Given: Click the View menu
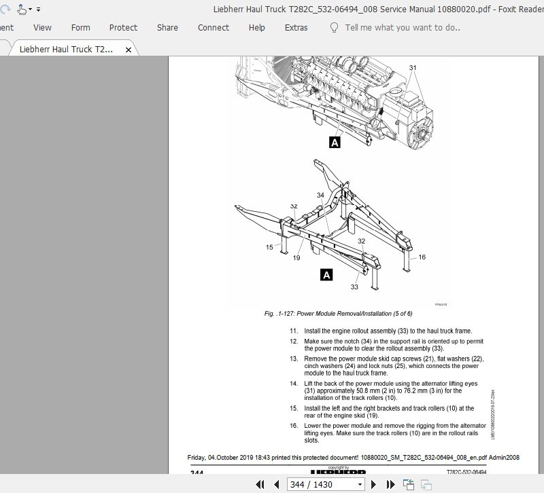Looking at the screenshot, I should [x=42, y=28].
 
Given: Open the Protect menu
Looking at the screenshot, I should [x=123, y=28].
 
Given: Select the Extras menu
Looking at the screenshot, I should [x=296, y=28].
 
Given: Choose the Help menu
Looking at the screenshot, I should [x=256, y=28].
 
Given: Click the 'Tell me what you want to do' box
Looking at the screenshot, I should [x=402, y=28].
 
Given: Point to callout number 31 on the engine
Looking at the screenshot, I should [x=412, y=68].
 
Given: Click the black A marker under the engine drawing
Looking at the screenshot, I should [x=334, y=143].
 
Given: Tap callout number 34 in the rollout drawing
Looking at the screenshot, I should [x=320, y=196].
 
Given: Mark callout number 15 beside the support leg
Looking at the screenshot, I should [x=269, y=247].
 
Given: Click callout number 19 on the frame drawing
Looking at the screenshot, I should [x=296, y=258].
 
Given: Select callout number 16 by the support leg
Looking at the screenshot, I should [x=422, y=257].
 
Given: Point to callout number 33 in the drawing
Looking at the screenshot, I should [x=354, y=287].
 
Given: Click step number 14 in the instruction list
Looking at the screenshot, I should [x=294, y=384].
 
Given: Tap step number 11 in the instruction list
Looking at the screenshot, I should [x=294, y=330].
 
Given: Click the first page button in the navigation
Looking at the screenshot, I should [x=260, y=484].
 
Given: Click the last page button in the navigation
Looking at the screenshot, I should [x=390, y=484].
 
